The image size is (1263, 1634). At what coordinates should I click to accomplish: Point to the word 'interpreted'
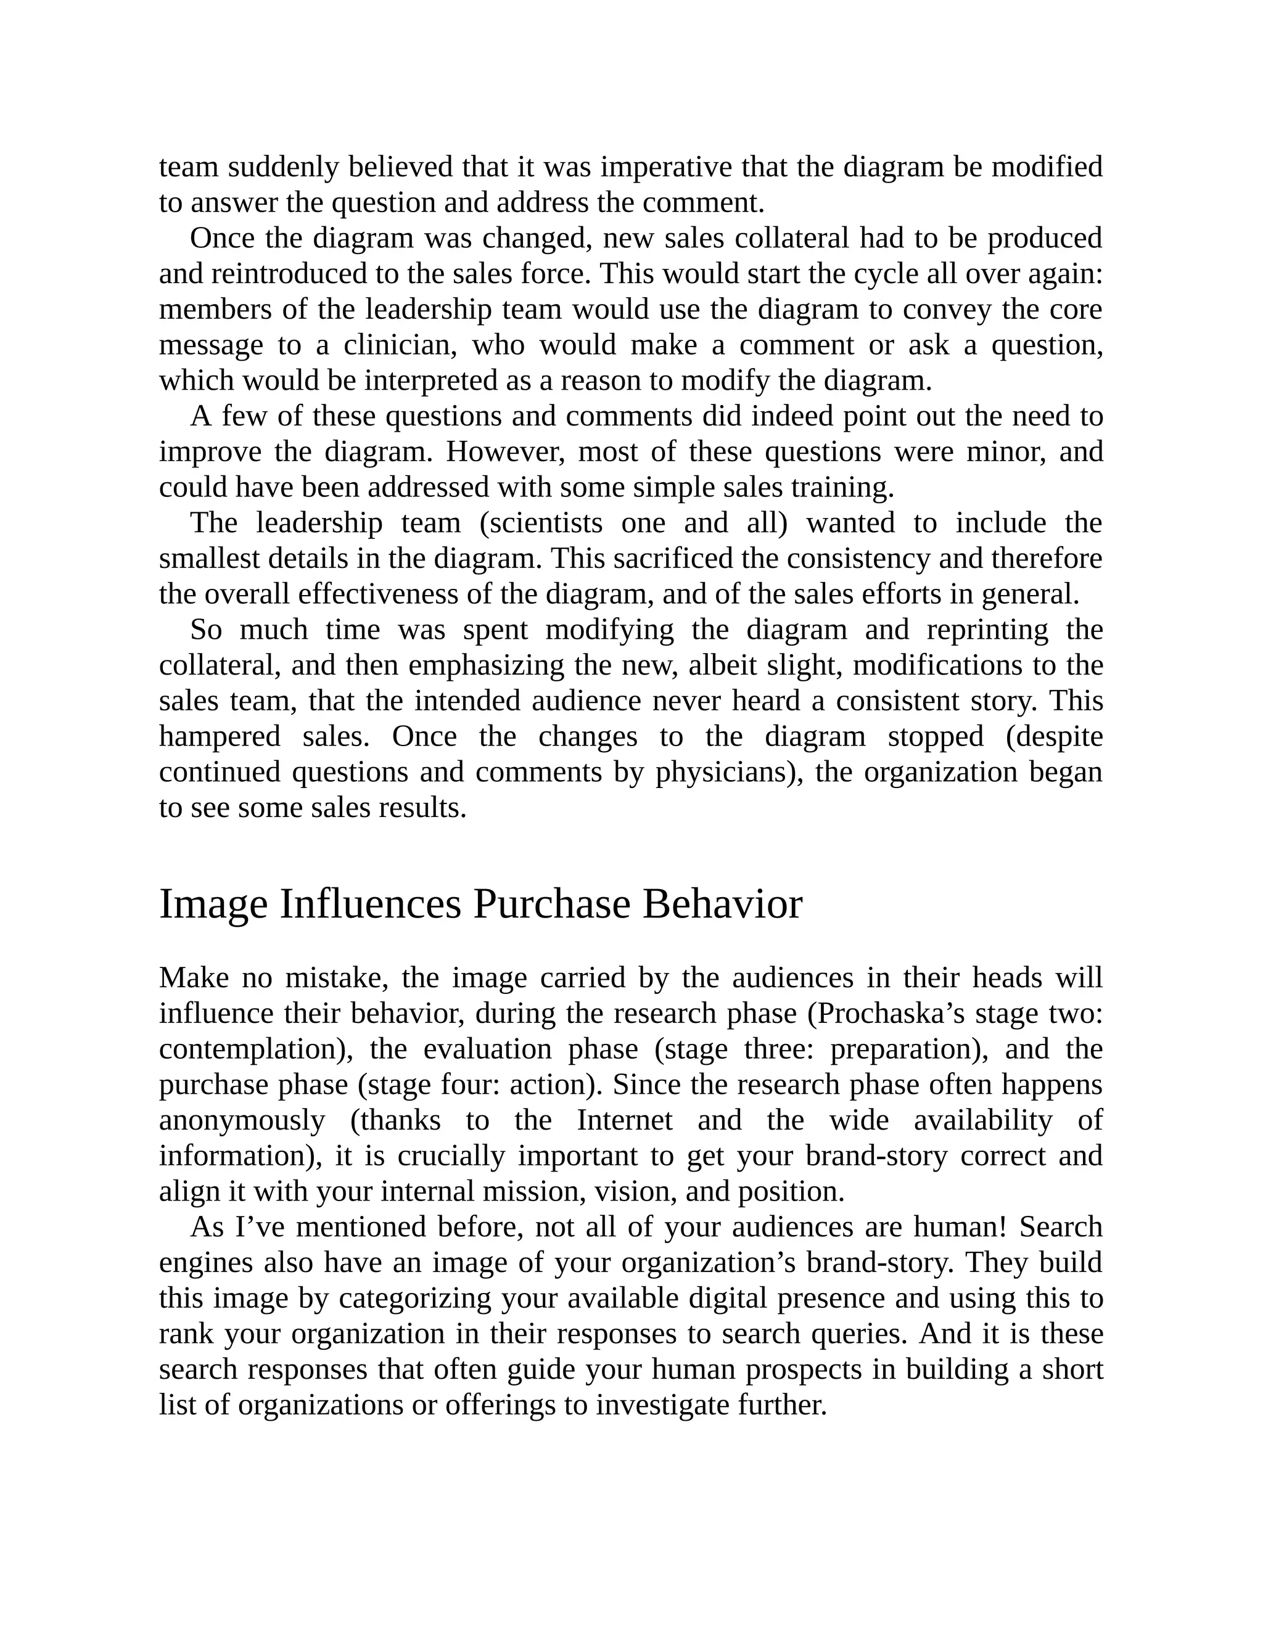coord(431,381)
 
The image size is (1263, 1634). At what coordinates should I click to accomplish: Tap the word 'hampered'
coord(219,736)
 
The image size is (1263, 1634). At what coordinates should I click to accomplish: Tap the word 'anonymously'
coord(242,1121)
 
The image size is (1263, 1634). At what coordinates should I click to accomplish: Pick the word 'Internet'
coord(625,1121)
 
